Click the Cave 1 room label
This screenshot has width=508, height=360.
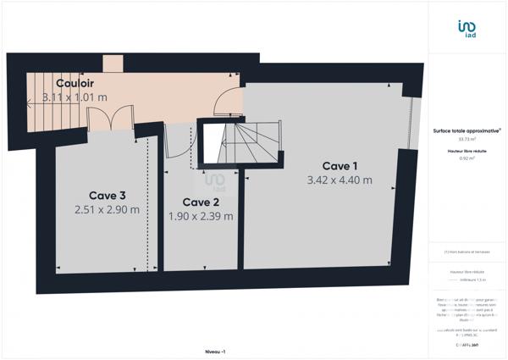click(x=340, y=165)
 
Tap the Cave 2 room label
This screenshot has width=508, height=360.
click(x=202, y=202)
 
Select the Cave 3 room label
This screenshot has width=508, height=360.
click(x=106, y=195)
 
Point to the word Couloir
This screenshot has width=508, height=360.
click(x=75, y=83)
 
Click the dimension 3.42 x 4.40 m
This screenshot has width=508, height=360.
click(x=339, y=180)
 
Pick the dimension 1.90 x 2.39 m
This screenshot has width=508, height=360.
click(x=201, y=216)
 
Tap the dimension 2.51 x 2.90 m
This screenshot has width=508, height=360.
click(x=107, y=209)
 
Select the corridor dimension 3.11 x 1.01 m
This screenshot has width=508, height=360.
click(x=75, y=97)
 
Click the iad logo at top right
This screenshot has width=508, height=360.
click(x=467, y=30)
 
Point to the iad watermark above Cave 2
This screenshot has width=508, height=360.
click(x=215, y=180)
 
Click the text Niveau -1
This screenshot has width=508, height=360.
click(x=215, y=351)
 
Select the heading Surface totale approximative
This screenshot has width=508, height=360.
click(x=467, y=130)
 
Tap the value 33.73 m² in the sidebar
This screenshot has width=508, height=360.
click(x=467, y=140)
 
